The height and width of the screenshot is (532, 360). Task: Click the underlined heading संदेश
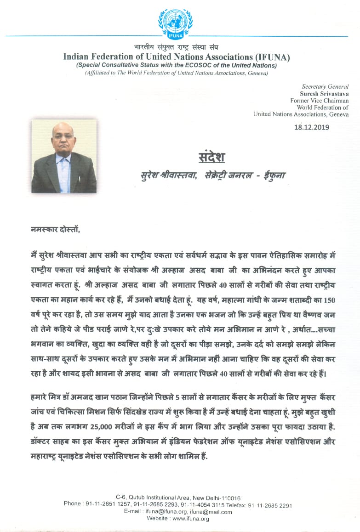[x=211, y=158]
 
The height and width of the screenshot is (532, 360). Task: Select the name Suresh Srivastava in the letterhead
[x=320, y=93]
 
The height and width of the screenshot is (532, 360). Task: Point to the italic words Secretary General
[x=325, y=86]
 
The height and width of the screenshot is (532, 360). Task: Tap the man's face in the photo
[x=63, y=136]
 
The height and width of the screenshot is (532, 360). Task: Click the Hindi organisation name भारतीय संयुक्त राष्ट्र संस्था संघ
[x=176, y=47]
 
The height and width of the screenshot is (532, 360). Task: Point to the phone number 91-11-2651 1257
[x=107, y=505]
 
